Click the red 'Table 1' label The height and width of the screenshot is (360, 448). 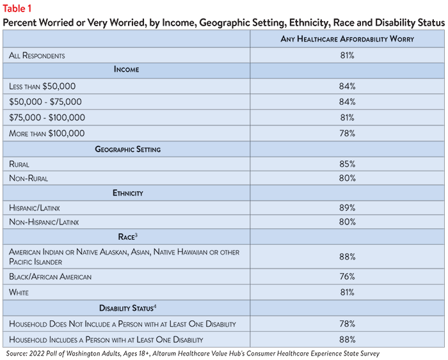pyautogui.click(x=17, y=8)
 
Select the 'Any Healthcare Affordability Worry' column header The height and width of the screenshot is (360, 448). pyautogui.click(x=347, y=39)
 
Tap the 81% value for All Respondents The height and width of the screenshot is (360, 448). pyautogui.click(x=347, y=55)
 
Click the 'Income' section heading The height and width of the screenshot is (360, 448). pyautogui.click(x=126, y=69)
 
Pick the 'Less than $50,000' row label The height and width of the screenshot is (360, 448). pyautogui.click(x=42, y=86)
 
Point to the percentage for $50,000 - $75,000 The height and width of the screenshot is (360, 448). pyautogui.click(x=347, y=102)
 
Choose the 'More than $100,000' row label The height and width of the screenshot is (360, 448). pyautogui.click(x=47, y=134)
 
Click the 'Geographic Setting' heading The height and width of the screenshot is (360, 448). pyautogui.click(x=128, y=150)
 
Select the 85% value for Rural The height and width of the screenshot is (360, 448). pyautogui.click(x=347, y=164)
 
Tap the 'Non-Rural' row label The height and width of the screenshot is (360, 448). pyautogui.click(x=28, y=178)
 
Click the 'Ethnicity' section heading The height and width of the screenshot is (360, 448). pyautogui.click(x=128, y=193)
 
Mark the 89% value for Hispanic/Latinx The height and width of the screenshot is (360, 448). pyautogui.click(x=347, y=208)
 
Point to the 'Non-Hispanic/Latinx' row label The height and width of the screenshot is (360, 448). pyautogui.click(x=44, y=222)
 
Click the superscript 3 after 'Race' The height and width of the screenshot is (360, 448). pyautogui.click(x=136, y=235)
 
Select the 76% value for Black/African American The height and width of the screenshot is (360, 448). pyautogui.click(x=347, y=276)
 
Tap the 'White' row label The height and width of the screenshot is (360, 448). pyautogui.click(x=19, y=292)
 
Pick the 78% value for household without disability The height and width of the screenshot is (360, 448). pyautogui.click(x=347, y=324)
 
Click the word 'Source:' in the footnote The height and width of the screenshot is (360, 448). pyautogui.click(x=17, y=354)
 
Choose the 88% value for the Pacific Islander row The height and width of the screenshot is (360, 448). pyautogui.click(x=347, y=256)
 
